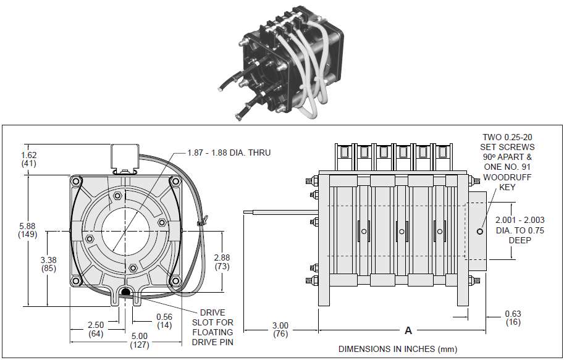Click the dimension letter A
[x=408, y=330]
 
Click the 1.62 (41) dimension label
[x=29, y=159]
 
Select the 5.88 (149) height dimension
[x=28, y=230]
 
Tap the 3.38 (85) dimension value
[x=49, y=264]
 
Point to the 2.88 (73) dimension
[x=222, y=262]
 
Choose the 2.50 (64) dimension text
[x=96, y=329]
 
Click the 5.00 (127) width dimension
[x=139, y=340]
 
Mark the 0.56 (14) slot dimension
[x=164, y=321]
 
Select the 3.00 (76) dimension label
[x=280, y=329]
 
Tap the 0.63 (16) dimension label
[x=513, y=317]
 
